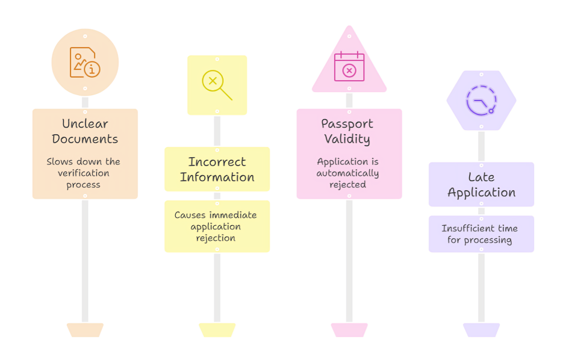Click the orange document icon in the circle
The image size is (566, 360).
tap(85, 62)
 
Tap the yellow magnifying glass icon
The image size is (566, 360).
tap(217, 85)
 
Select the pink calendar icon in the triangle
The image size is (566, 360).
tap(349, 66)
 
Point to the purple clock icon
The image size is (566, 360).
tap(481, 101)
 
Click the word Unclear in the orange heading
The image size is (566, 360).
tap(85, 124)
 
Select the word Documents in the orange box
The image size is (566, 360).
tap(85, 139)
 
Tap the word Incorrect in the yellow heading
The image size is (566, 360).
tap(217, 161)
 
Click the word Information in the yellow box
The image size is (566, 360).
tap(217, 177)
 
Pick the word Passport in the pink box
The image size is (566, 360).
tap(347, 124)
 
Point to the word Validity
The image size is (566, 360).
tap(347, 139)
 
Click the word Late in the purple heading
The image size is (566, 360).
tap(481, 177)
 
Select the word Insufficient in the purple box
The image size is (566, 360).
tap(464, 228)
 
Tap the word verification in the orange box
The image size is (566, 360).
tap(83, 173)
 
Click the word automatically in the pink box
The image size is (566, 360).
tap(347, 173)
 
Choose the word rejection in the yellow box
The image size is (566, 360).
tap(216, 238)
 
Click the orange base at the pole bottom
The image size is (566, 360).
tap(85, 330)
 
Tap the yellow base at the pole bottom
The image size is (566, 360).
tap(217, 330)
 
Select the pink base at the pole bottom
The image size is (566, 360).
tap(349, 330)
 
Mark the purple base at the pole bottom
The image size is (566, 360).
tap(481, 330)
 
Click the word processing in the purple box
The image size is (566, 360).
tap(488, 240)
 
